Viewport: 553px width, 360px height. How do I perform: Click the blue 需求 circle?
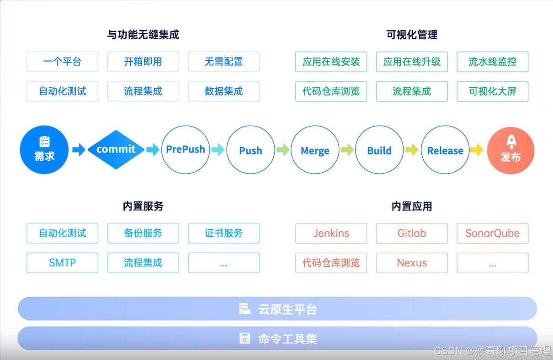tap(44, 150)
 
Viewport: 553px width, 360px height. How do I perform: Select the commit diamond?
tap(116, 149)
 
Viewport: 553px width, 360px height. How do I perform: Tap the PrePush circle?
tap(186, 150)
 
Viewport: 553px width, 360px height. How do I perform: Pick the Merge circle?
tap(315, 150)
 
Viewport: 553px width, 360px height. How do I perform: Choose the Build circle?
tap(379, 150)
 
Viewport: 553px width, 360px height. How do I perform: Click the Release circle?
tap(445, 150)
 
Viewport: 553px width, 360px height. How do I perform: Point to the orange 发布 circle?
tap(510, 150)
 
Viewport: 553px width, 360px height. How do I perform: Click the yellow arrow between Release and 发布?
tap(477, 149)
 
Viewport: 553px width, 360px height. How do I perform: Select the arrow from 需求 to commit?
tap(79, 149)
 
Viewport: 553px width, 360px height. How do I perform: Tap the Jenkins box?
tap(331, 233)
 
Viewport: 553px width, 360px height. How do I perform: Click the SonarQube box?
tap(492, 233)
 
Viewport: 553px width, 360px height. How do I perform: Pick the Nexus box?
tap(411, 263)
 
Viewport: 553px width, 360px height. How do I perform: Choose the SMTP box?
tap(62, 263)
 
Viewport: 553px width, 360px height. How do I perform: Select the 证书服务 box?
tap(223, 233)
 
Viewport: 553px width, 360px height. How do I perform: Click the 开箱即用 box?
tap(143, 62)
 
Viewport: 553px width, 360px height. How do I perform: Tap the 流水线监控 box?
tap(492, 62)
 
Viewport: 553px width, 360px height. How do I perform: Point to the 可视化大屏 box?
tap(492, 91)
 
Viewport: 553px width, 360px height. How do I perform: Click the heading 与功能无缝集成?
tap(143, 35)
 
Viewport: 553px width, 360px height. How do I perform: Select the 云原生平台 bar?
tap(277, 309)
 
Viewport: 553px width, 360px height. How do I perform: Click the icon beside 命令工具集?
tap(245, 339)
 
